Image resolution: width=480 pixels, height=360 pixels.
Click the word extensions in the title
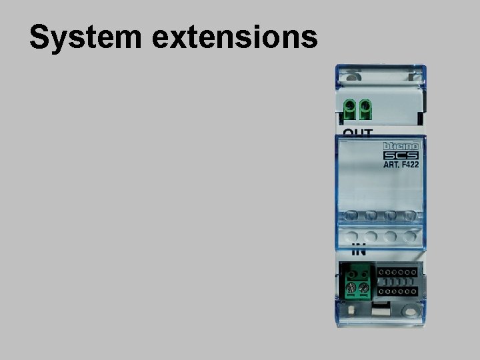[x=235, y=38]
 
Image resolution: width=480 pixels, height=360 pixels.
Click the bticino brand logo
[x=400, y=147]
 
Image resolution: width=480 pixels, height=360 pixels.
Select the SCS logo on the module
[x=400, y=157]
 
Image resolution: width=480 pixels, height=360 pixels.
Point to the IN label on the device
[x=359, y=252]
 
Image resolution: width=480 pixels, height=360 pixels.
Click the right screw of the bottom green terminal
[x=364, y=288]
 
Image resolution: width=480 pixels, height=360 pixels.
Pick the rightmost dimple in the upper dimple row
[x=409, y=216]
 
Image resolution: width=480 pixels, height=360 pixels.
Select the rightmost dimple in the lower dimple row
[x=409, y=236]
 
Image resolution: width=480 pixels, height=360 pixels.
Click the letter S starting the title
[x=40, y=39]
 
